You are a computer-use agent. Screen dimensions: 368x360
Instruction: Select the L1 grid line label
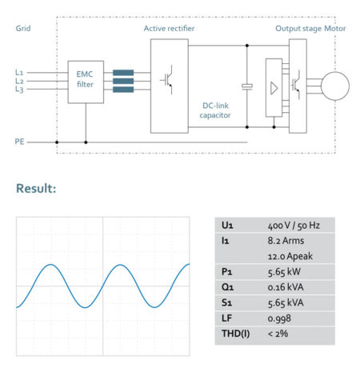click(19, 72)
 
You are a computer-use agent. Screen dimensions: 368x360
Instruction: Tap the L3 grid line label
click(19, 90)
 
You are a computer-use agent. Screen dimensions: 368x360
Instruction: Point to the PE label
click(19, 141)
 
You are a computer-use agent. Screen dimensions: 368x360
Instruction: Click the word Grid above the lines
click(23, 28)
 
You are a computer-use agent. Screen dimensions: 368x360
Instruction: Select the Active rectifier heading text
click(169, 28)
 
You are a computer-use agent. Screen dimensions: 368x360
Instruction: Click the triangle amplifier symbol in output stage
click(274, 86)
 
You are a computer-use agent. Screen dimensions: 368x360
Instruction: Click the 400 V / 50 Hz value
click(293, 226)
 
